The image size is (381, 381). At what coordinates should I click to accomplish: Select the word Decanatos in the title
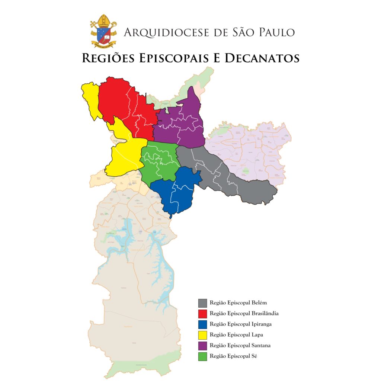(255, 58)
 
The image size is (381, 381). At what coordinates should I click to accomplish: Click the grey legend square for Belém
(202, 302)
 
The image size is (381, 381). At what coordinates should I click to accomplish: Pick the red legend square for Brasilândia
(202, 313)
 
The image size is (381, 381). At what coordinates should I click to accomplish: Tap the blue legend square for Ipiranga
(202, 324)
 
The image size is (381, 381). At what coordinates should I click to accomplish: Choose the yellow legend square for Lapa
(202, 335)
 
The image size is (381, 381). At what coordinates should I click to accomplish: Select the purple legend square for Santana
(202, 346)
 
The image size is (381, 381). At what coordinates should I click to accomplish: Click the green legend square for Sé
(202, 356)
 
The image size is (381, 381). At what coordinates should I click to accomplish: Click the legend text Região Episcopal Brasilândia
(244, 313)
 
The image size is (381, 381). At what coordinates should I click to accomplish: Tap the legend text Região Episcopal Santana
(240, 346)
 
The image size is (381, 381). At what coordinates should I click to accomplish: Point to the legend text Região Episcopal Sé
(233, 356)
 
